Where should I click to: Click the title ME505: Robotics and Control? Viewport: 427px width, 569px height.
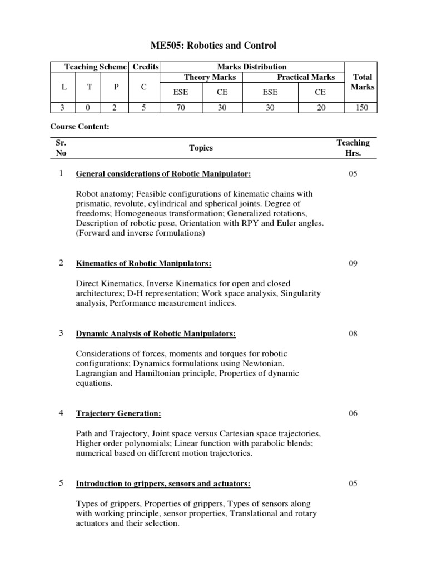point(213,46)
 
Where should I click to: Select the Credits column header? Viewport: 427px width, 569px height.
point(145,67)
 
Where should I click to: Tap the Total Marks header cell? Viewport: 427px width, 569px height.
point(363,82)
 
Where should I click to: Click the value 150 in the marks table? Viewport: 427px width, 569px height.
point(363,108)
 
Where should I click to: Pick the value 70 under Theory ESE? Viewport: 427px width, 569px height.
point(180,108)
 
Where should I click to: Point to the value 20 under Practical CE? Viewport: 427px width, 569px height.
point(321,108)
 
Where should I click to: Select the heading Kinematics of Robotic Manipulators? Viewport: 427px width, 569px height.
point(143,263)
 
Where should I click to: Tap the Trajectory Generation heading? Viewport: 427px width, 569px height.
point(118,413)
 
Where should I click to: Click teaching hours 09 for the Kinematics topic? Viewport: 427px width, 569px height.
point(352,263)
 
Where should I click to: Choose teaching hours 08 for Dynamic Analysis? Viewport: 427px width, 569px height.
point(352,333)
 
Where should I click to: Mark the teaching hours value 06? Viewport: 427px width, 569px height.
point(352,413)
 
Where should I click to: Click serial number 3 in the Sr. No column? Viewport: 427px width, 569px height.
point(61,333)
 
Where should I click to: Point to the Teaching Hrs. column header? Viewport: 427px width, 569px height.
point(352,148)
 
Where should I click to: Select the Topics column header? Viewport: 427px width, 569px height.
point(201,148)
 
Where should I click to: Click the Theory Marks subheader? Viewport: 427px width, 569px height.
point(210,77)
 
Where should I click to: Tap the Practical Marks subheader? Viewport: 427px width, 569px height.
point(306,77)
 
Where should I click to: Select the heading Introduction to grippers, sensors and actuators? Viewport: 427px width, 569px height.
point(163,484)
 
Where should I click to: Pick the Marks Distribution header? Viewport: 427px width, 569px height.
point(252,67)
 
